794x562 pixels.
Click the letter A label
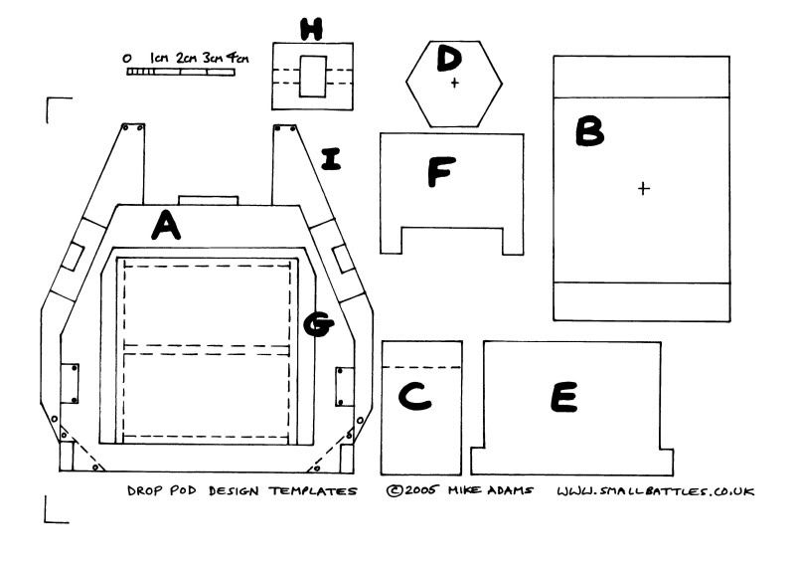point(166,228)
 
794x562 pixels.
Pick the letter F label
point(440,173)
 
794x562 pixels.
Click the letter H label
point(312,30)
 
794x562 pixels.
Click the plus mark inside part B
point(643,187)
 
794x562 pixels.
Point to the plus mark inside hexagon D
point(455,83)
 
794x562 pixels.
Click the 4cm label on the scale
point(237,58)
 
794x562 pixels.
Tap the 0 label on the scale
point(128,59)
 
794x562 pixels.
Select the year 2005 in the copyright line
point(419,490)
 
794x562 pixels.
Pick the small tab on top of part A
point(208,201)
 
